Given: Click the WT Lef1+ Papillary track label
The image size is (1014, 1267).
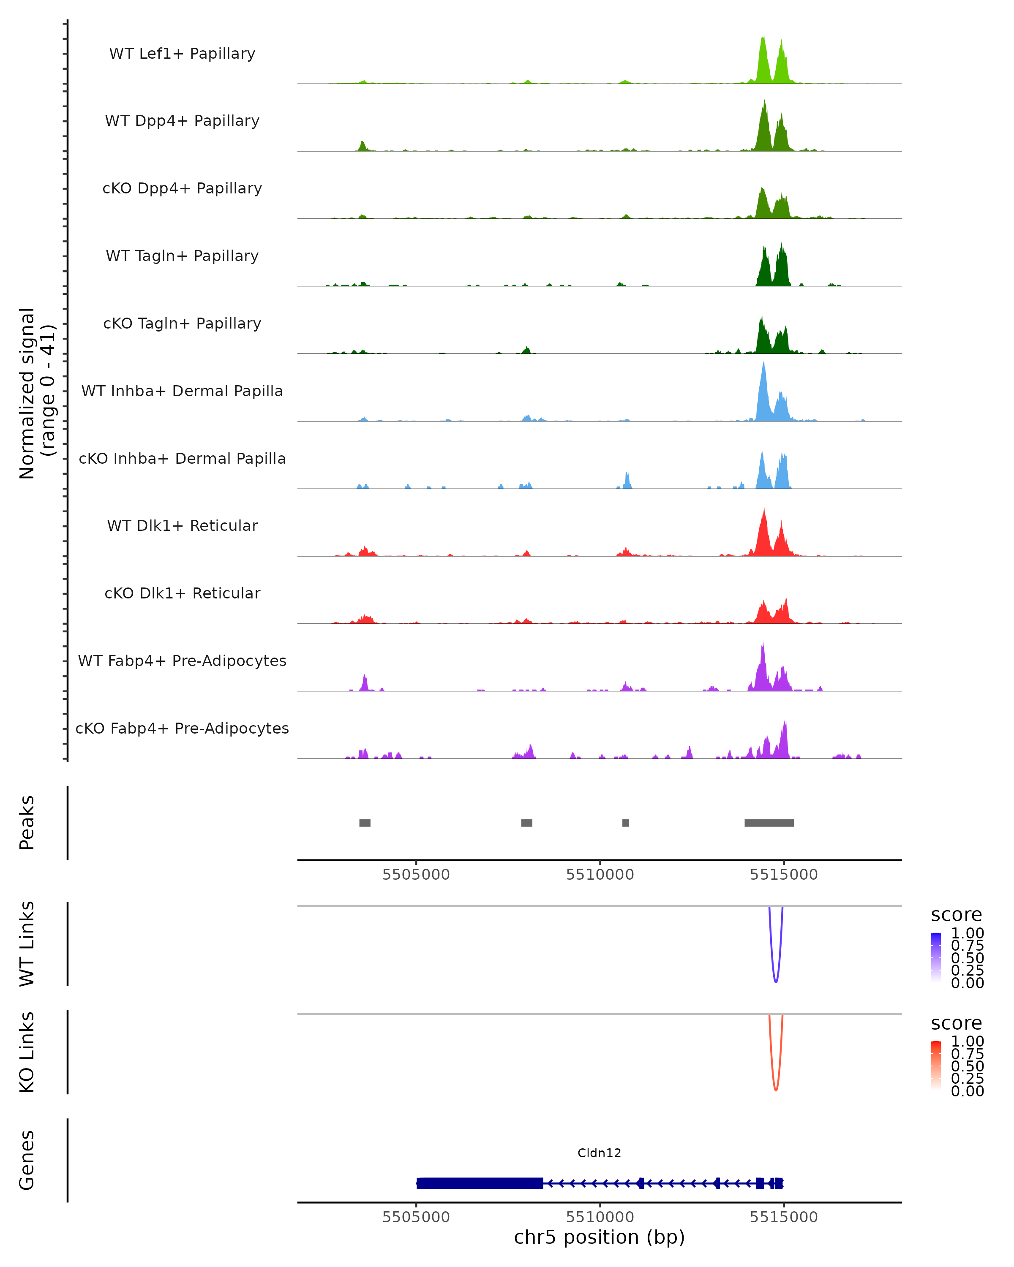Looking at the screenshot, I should (x=182, y=54).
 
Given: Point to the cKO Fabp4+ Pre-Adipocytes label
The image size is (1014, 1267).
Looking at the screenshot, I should (x=182, y=728).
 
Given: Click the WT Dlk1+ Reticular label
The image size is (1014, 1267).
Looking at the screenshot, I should (x=182, y=525).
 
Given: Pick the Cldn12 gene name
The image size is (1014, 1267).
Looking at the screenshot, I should (x=599, y=1153).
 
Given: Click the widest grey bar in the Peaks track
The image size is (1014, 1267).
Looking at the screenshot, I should (x=769, y=823).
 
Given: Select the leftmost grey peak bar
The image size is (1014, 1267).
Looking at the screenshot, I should (x=365, y=823).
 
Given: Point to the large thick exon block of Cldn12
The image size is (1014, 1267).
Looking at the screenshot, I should (x=480, y=1183).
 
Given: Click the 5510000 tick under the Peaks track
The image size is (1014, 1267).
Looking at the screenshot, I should (x=600, y=875).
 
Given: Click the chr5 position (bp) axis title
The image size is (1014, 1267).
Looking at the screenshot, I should (x=599, y=1237).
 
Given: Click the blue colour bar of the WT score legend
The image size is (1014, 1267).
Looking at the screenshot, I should (x=936, y=957).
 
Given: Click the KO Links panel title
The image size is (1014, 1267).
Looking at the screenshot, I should (x=27, y=1052).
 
